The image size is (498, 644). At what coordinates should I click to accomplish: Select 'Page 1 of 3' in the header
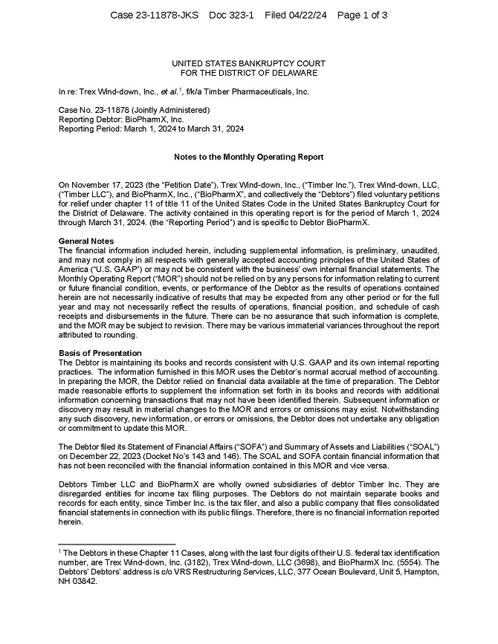[363, 15]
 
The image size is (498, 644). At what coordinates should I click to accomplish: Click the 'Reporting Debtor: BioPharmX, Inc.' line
[121, 119]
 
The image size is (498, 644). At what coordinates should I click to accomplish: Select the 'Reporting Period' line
[151, 129]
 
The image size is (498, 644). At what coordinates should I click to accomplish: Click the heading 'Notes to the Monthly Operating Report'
[248, 157]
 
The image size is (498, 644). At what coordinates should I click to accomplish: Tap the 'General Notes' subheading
[86, 241]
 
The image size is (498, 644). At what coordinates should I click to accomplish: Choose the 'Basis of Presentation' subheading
[100, 353]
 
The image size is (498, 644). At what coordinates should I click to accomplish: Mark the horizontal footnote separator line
[116, 544]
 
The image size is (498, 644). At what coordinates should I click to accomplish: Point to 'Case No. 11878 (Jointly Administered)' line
[134, 110]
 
